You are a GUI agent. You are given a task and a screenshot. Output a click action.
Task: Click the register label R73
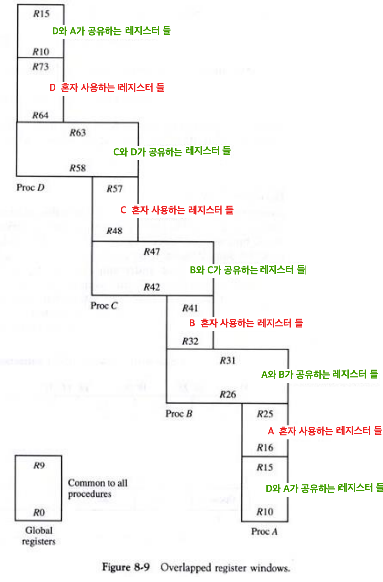40,66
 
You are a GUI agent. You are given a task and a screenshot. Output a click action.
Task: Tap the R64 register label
40,115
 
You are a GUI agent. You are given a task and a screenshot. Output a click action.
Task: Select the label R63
77,132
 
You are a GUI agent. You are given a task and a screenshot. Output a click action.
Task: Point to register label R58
77,168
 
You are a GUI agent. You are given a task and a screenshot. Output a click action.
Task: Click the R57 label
114,189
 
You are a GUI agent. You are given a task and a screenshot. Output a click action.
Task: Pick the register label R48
114,231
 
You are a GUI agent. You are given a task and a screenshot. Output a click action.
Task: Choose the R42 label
152,287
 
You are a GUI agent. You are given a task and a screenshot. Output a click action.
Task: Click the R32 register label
190,341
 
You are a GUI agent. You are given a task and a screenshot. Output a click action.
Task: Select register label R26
228,395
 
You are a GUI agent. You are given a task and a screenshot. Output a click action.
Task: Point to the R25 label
265,413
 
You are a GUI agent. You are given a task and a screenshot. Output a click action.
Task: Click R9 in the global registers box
39,466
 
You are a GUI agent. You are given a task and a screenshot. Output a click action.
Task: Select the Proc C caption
104,306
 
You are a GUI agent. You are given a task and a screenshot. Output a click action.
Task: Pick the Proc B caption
179,413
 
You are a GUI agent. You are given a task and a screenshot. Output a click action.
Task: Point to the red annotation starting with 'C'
177,210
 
